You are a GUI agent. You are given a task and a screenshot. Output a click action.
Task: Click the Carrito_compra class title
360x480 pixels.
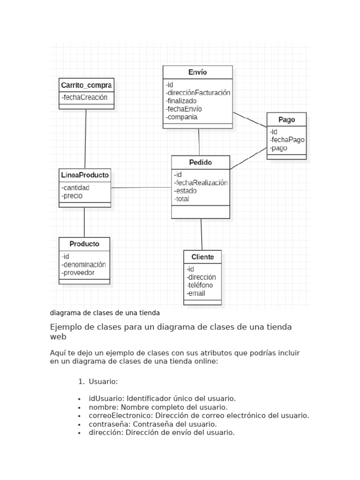(x=86, y=85)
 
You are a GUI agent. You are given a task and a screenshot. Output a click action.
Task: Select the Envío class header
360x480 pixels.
(x=197, y=72)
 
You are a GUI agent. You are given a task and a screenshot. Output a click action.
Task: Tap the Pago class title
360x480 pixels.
(x=286, y=120)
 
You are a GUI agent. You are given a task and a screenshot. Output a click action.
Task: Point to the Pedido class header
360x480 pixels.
(x=200, y=163)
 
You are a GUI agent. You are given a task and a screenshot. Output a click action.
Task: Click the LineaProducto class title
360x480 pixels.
(x=85, y=175)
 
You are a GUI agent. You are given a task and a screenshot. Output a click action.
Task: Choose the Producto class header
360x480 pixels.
(x=84, y=244)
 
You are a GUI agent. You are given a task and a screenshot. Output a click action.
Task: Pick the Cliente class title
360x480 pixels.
(x=202, y=257)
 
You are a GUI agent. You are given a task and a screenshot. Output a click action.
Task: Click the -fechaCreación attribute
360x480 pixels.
(x=84, y=97)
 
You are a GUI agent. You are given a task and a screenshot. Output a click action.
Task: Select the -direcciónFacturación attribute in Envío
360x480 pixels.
(x=198, y=93)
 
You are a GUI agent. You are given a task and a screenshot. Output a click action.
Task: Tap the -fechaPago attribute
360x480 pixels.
(x=287, y=140)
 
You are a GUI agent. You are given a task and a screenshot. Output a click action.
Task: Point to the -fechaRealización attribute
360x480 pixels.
(x=201, y=183)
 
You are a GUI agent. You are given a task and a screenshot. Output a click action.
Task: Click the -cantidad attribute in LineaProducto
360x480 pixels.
(x=75, y=187)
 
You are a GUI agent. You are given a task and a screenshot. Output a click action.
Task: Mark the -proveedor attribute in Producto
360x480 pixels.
(x=78, y=272)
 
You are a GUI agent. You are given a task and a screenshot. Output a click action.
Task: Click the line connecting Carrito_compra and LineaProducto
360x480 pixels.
(x=86, y=138)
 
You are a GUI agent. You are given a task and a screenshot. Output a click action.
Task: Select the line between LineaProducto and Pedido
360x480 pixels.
(x=141, y=187)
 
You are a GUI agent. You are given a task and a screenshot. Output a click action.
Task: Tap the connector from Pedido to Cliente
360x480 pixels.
(x=202, y=234)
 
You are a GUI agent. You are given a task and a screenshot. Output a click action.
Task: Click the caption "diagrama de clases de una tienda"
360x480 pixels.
(x=105, y=312)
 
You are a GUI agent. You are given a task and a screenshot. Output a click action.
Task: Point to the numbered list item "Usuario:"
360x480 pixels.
(x=102, y=382)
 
